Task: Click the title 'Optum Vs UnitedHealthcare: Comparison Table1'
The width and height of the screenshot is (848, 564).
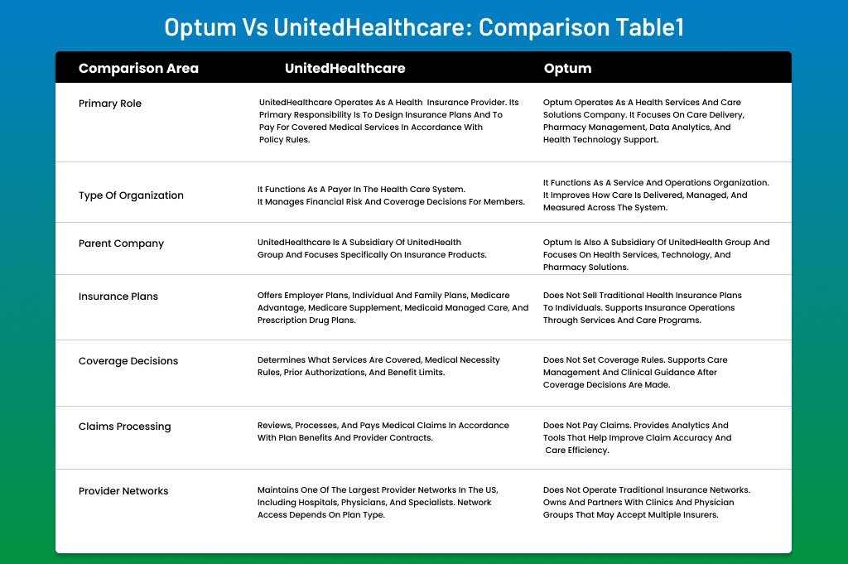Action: pos(424,27)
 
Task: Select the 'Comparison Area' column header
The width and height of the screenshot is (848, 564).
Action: pos(138,68)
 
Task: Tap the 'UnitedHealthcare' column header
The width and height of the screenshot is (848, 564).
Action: pos(344,68)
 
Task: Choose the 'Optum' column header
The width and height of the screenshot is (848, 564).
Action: pos(567,68)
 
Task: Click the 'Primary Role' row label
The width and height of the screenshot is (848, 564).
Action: pos(110,104)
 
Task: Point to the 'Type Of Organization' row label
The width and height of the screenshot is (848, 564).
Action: pos(131,195)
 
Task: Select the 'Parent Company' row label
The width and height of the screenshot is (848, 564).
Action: pos(121,243)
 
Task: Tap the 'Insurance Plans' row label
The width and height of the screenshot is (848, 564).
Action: pos(118,296)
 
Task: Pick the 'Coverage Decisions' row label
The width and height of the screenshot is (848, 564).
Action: pos(128,361)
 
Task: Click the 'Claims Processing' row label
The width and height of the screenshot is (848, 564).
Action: pos(124,427)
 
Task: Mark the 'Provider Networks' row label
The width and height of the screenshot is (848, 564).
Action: pos(123,491)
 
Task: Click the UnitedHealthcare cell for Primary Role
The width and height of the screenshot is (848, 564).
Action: pos(388,121)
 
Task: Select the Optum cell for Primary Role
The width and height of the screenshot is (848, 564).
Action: pos(643,121)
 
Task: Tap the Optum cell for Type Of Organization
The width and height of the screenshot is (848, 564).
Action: pos(656,195)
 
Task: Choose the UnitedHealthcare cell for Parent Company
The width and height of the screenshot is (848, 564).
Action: pos(372,248)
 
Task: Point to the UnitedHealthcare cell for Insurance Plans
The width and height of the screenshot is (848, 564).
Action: pos(393,307)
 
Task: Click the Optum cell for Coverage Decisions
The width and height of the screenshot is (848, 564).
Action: pos(635,373)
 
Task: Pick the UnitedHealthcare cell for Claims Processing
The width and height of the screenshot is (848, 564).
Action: pos(383,431)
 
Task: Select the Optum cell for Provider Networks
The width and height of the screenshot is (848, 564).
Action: pos(646,502)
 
